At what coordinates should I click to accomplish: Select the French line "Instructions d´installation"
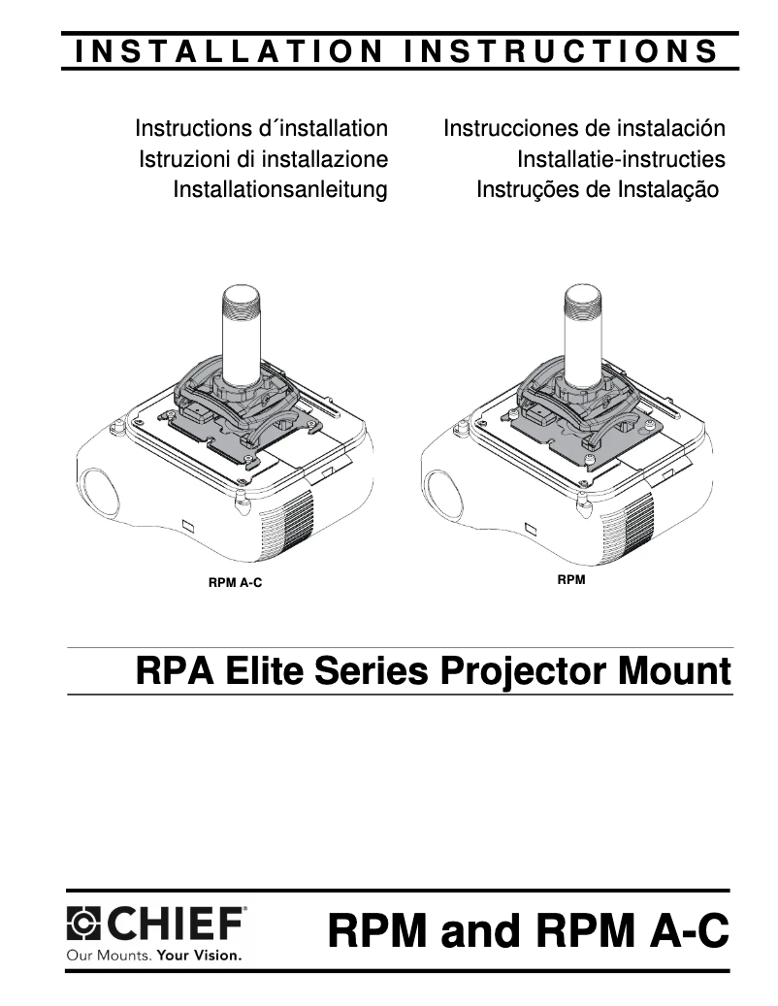coord(262,128)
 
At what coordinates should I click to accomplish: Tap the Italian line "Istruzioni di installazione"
coord(264,159)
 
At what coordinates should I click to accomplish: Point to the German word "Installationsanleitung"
coord(280,189)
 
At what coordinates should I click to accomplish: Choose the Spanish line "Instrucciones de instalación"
coord(584,128)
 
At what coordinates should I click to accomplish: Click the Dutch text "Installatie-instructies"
coord(621,159)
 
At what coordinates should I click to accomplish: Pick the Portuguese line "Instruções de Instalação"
coord(598,189)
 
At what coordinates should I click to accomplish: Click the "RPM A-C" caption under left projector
coord(236,584)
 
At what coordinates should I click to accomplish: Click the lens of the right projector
coord(443,491)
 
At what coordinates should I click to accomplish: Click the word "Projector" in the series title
coord(525,671)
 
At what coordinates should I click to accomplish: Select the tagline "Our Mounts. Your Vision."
coord(153,955)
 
